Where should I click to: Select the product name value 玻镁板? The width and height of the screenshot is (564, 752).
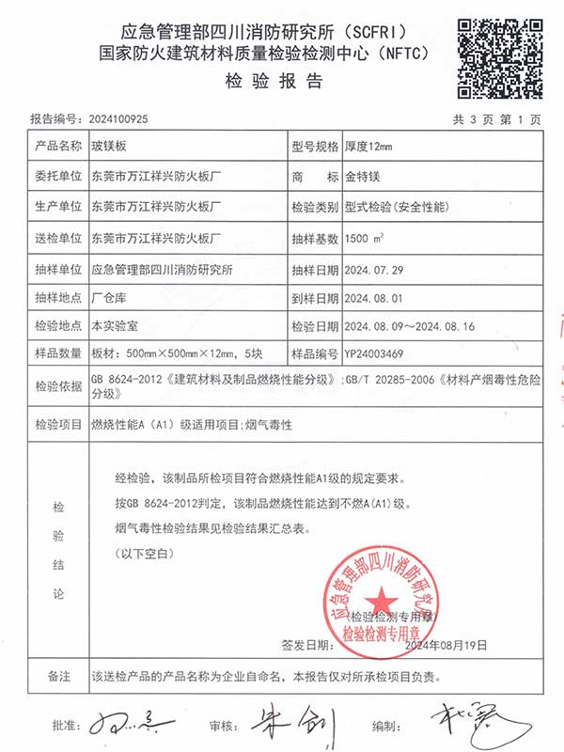108,146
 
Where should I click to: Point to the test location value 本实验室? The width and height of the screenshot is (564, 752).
111,327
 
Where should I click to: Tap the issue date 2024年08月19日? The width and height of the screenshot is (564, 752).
446,646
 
